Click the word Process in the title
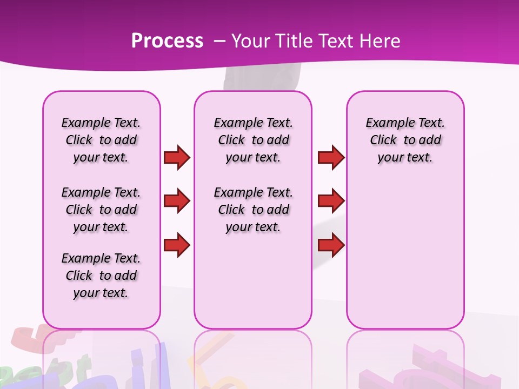[x=167, y=41]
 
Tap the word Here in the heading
[x=379, y=41]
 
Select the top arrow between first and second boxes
[x=177, y=157]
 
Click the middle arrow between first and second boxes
[x=177, y=201]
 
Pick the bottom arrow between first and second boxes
[x=177, y=245]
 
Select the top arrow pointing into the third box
[x=331, y=157]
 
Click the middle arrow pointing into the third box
[x=331, y=201]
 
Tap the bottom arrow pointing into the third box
[x=331, y=245]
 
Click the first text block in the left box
[x=101, y=140]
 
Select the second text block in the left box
[x=101, y=210]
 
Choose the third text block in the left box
[x=101, y=276]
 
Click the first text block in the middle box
[x=253, y=140]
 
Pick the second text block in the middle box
[x=253, y=210]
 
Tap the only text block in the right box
[x=405, y=140]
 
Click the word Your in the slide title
[x=252, y=41]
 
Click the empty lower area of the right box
[x=405, y=259]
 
